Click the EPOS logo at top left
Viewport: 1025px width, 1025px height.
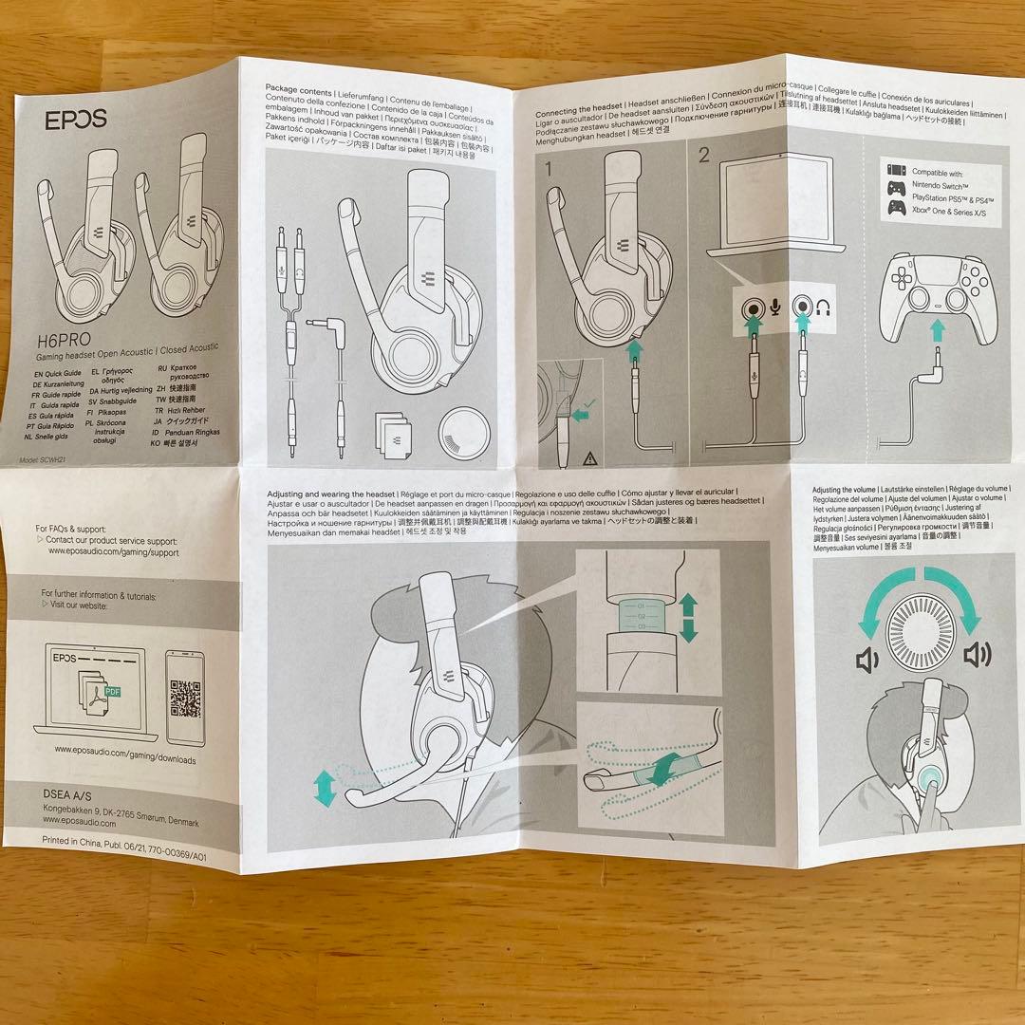(x=77, y=120)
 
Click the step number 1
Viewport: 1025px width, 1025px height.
(x=551, y=168)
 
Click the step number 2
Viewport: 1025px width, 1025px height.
(x=703, y=158)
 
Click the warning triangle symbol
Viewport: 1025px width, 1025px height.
(x=589, y=457)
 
